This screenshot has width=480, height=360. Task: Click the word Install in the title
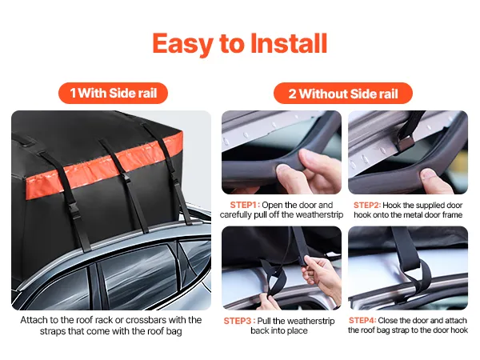[x=289, y=43]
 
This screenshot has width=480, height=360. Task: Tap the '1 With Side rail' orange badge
[x=113, y=93]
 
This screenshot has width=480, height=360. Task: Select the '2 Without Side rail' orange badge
[x=343, y=94]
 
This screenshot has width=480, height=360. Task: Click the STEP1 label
[x=245, y=205]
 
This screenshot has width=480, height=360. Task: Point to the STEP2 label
[x=367, y=205]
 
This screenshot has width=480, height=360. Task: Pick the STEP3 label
[x=239, y=321]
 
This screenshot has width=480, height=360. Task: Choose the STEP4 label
[x=362, y=320]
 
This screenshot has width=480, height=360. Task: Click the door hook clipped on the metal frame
[x=405, y=143]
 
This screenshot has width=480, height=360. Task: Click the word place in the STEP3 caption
[x=298, y=331]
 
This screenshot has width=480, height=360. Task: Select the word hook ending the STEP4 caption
[x=459, y=330]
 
